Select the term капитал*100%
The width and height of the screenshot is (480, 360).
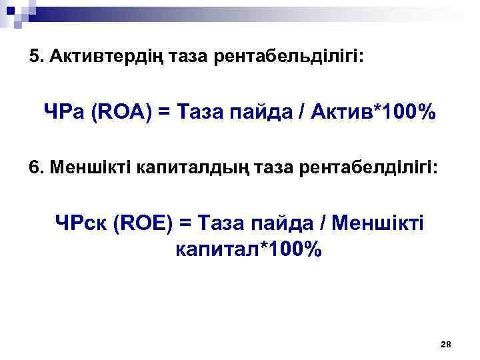(248, 250)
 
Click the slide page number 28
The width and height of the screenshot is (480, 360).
(446, 344)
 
